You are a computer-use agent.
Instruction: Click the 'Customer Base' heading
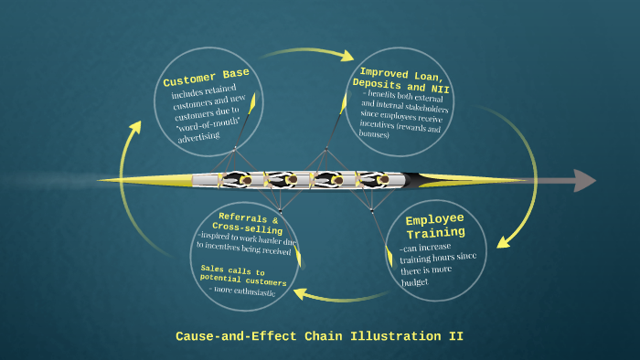[206, 78]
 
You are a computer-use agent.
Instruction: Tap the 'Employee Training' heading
[435, 226]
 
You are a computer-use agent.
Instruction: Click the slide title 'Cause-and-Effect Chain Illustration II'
[319, 336]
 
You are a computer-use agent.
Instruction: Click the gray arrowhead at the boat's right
[584, 180]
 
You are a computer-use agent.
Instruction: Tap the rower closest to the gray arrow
[383, 180]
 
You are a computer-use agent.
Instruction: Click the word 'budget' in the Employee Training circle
[414, 283]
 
